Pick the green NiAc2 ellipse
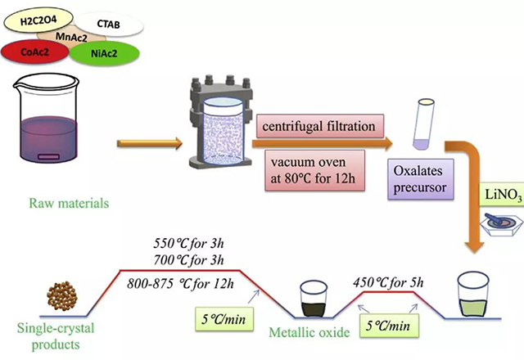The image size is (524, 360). tap(106, 54)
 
